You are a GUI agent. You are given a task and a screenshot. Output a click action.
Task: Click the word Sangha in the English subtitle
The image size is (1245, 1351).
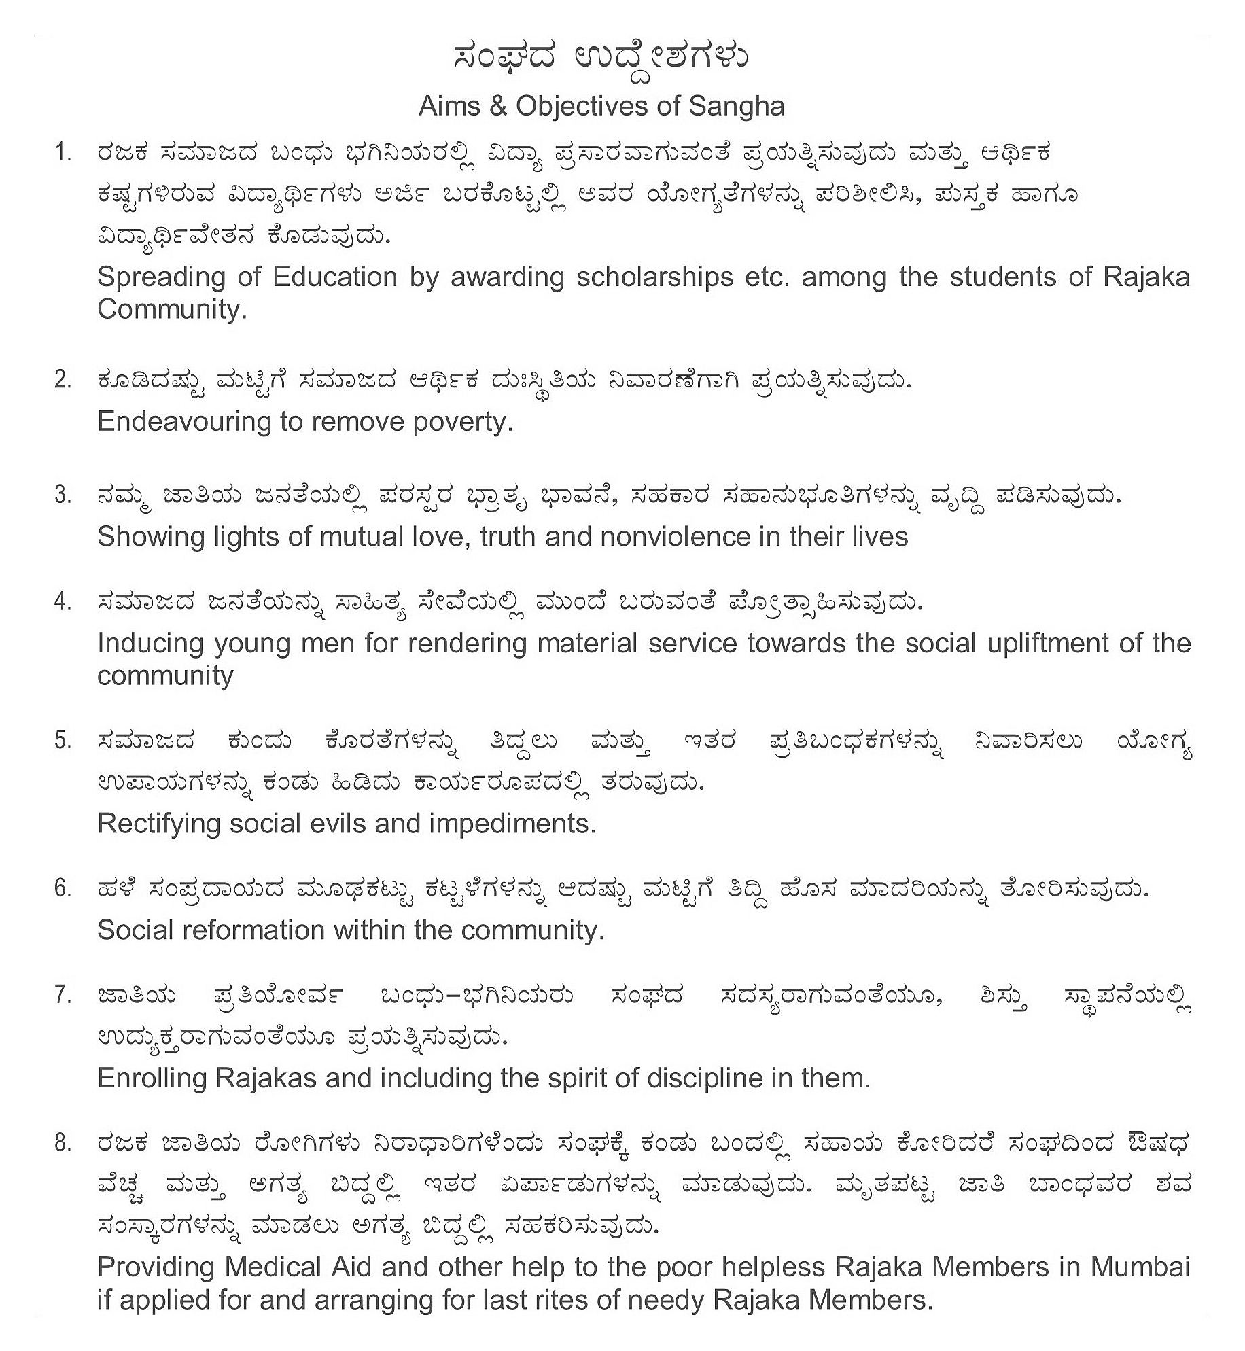(x=737, y=107)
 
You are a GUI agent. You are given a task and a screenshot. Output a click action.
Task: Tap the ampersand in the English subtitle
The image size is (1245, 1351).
(x=498, y=107)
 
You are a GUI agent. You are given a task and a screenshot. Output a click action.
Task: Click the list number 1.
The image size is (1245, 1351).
(x=63, y=154)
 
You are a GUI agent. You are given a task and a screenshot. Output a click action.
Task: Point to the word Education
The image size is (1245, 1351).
(x=335, y=277)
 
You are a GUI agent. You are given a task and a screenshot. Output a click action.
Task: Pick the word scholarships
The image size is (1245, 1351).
(x=655, y=277)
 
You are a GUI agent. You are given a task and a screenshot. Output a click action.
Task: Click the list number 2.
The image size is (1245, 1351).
(x=63, y=380)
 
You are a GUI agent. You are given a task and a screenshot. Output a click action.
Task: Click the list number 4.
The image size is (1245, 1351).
(x=63, y=601)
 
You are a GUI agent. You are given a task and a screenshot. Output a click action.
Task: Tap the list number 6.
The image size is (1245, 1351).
(x=63, y=888)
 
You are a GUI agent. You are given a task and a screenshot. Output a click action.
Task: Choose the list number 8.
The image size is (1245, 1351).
(x=63, y=1144)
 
